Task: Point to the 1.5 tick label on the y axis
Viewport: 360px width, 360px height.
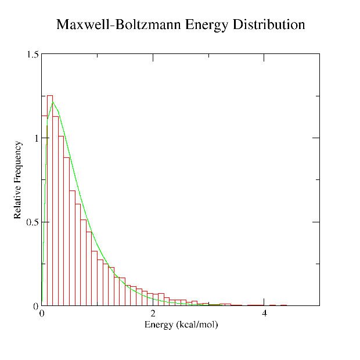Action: (x=33, y=55)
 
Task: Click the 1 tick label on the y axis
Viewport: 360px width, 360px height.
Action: (x=36, y=138)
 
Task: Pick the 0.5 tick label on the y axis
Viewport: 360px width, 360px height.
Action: (x=33, y=222)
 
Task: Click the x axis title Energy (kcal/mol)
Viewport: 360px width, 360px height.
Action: (x=181, y=324)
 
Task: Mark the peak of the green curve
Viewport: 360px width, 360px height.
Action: (x=53, y=103)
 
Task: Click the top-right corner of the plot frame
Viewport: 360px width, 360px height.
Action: (x=319, y=54)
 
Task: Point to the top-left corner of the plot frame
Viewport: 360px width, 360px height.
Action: (x=42, y=54)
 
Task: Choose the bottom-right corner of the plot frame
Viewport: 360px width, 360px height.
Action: (x=319, y=305)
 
